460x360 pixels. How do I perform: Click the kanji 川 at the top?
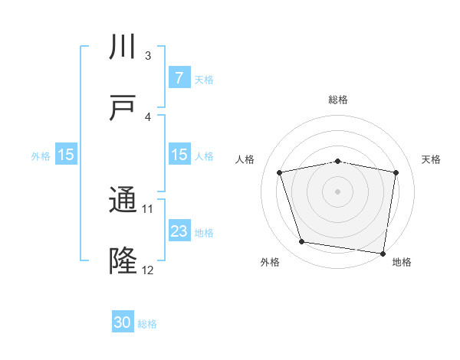tap(123, 47)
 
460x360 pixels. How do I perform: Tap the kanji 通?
tap(123, 201)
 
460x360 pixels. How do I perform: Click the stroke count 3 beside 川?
tap(148, 56)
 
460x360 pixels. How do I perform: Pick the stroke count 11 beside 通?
tap(148, 208)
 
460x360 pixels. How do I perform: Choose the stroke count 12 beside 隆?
tap(148, 270)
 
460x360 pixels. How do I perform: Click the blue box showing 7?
tap(179, 78)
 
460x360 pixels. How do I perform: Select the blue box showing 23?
tap(179, 231)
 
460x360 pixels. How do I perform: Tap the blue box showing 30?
tap(123, 323)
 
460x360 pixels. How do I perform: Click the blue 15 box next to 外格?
tap(66, 155)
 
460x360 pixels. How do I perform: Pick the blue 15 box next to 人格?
tap(179, 155)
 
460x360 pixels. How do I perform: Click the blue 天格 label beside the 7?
tap(204, 79)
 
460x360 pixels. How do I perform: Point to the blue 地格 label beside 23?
tap(204, 232)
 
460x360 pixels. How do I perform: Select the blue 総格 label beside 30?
tap(148, 324)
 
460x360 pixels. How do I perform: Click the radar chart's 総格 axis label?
tap(338, 100)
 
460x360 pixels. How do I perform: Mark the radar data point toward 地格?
tap(383, 253)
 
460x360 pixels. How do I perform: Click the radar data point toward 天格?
tap(396, 172)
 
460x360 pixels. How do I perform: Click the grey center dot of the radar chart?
tap(338, 191)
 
